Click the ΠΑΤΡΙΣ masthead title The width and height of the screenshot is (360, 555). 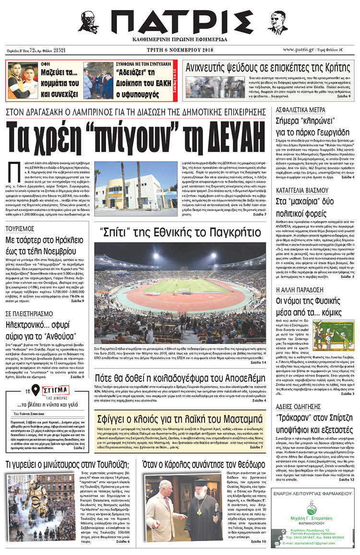tap(181, 23)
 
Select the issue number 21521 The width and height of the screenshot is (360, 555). tap(60, 49)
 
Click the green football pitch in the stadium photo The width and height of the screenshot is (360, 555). tap(185, 286)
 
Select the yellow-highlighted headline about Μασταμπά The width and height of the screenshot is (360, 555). tap(179, 416)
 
